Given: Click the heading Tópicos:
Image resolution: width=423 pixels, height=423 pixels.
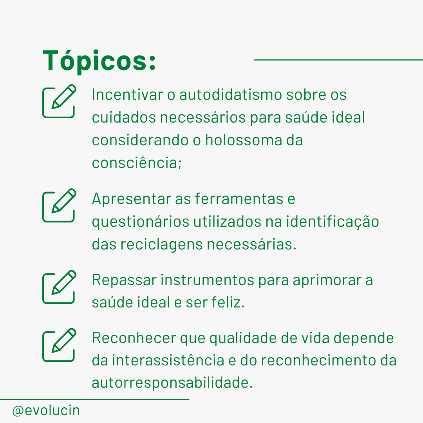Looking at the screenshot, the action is point(99,61).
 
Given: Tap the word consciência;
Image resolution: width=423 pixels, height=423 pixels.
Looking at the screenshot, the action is point(137,163).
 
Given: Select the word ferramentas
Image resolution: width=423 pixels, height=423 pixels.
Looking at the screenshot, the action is point(239,199).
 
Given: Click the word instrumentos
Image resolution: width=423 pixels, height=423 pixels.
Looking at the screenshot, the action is point(208,280).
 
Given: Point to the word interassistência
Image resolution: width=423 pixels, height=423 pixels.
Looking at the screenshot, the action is point(168,360).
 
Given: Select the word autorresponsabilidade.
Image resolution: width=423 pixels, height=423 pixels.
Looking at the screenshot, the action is point(172,383).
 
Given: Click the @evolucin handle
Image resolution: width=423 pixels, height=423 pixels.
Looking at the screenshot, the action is point(46,410).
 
